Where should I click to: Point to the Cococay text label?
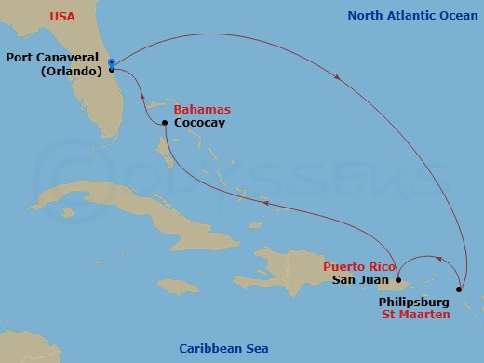click(x=200, y=123)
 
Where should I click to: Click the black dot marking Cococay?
click(x=165, y=123)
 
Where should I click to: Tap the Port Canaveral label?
click(x=54, y=57)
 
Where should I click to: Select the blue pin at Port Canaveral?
click(x=111, y=62)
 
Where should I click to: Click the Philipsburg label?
click(x=414, y=302)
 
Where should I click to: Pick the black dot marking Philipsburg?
click(x=459, y=289)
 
